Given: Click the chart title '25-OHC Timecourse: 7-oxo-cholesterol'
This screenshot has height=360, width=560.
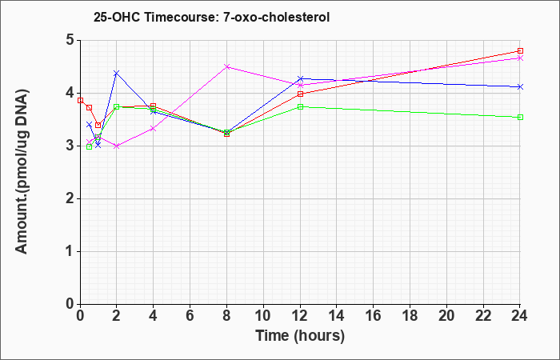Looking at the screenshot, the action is [x=211, y=17].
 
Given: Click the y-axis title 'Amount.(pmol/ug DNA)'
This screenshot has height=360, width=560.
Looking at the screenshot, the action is [x=22, y=172].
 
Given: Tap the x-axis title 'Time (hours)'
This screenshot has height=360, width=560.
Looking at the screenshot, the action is [x=300, y=336].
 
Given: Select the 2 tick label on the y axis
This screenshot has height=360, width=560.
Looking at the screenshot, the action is [x=70, y=198].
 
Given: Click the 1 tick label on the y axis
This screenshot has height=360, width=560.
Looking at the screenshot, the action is [x=70, y=251].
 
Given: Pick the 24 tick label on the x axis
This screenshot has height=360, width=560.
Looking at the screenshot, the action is [x=519, y=316].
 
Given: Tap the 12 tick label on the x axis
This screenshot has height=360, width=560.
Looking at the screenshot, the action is [x=300, y=316].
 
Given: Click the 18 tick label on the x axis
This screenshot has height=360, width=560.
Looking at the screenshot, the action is [x=410, y=316].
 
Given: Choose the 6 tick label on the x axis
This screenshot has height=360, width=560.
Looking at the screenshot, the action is [x=190, y=316].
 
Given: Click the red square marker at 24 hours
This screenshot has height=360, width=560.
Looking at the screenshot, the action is [x=520, y=50].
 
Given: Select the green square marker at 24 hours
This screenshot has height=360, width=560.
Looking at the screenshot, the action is [x=520, y=117].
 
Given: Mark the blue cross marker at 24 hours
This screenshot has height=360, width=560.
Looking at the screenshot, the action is [x=520, y=86].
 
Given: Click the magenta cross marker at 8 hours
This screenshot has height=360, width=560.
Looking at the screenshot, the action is [x=226, y=66].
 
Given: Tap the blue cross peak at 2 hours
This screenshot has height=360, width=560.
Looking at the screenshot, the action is [x=117, y=73].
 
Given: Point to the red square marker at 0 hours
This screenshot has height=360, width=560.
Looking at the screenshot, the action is [x=80, y=100].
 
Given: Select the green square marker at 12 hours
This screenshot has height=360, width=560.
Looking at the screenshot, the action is [x=300, y=106].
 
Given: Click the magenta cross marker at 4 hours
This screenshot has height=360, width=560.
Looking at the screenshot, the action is [x=154, y=128].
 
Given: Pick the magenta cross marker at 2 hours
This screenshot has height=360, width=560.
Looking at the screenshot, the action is [x=117, y=146].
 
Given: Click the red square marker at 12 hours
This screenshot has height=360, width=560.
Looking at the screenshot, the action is [x=300, y=94].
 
